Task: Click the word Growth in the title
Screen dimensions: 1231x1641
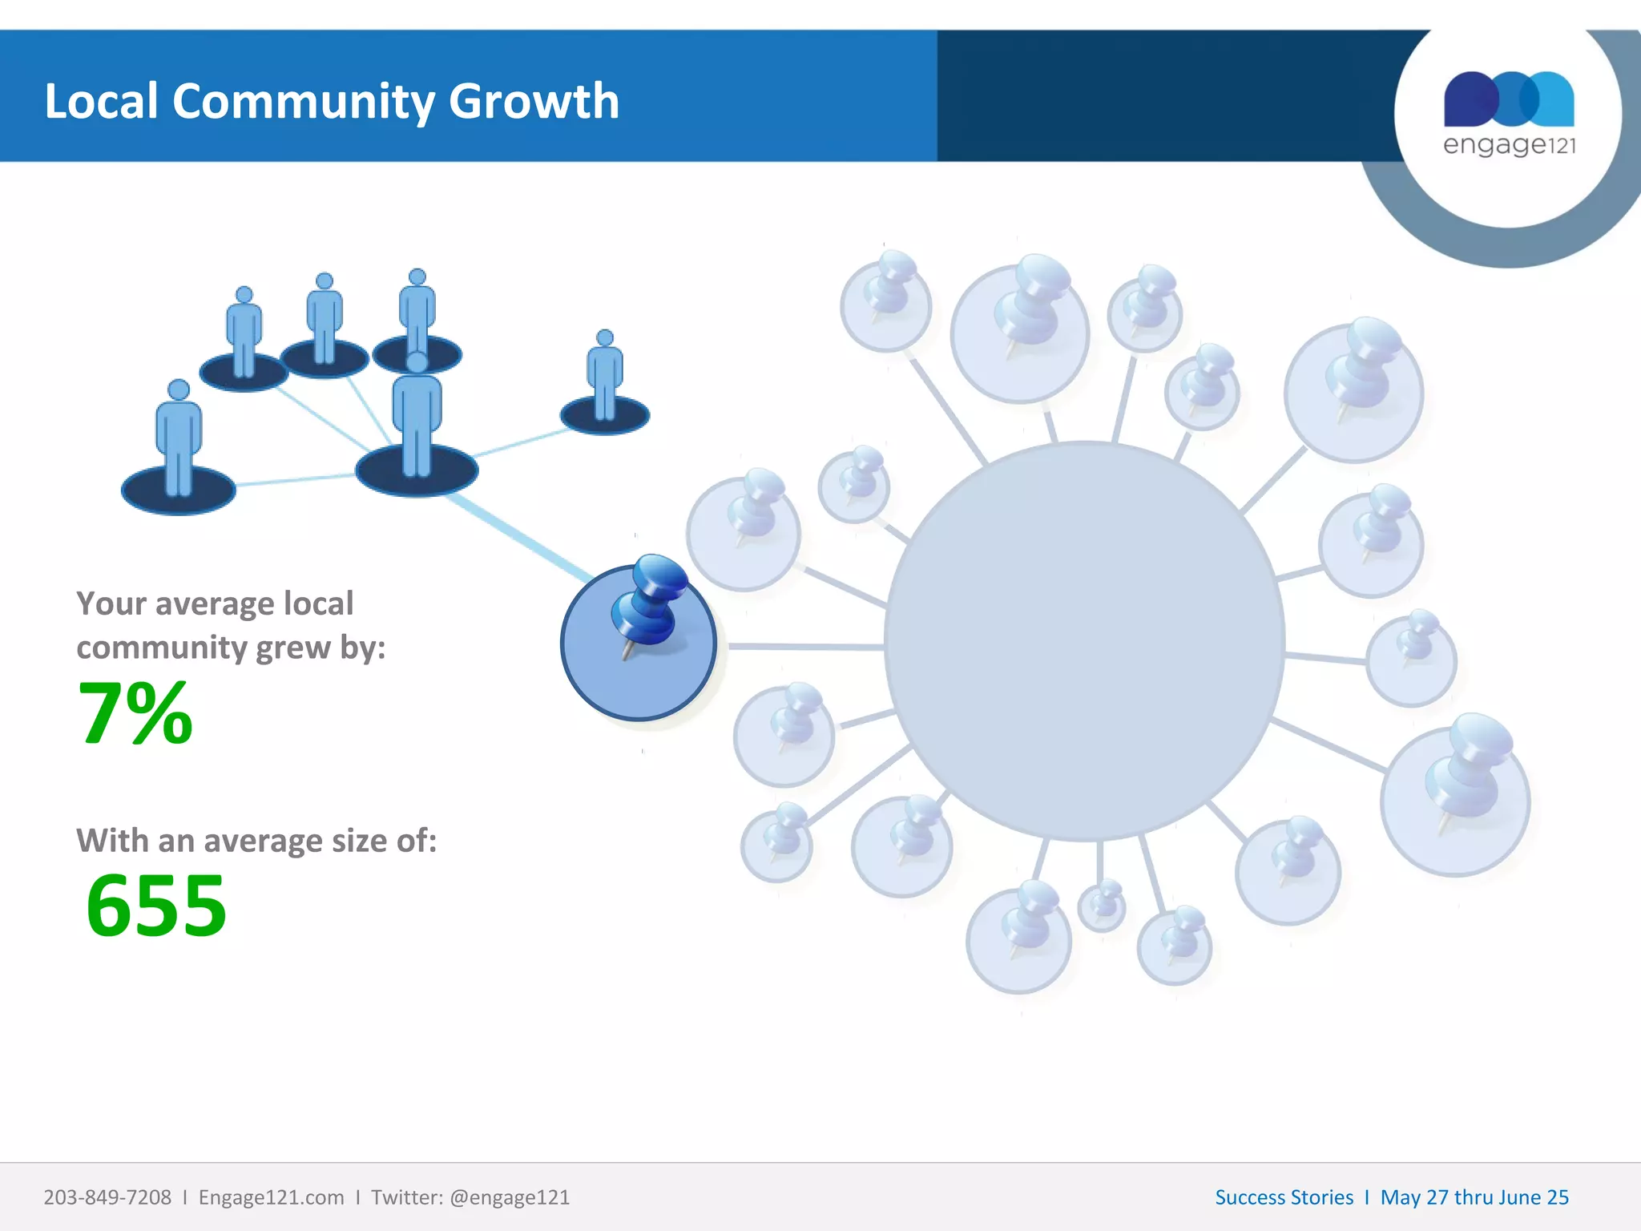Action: pos(534,102)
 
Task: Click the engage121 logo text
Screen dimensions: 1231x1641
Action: pos(1509,145)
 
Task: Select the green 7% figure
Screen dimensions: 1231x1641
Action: pos(135,712)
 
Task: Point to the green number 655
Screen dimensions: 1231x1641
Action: pos(156,906)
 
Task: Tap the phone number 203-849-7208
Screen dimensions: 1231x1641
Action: pos(107,1197)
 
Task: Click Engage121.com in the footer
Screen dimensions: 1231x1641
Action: pos(271,1197)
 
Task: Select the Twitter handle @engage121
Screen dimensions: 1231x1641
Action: pos(510,1197)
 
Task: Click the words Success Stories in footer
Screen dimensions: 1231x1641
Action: pos(1284,1197)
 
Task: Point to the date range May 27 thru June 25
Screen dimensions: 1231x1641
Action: pos(1474,1197)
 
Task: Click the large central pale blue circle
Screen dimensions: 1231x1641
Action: pos(1084,641)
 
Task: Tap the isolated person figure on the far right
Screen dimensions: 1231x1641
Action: pos(605,381)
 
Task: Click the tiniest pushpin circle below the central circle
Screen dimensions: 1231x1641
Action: pos(1103,906)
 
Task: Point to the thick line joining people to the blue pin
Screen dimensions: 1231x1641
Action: pos(521,537)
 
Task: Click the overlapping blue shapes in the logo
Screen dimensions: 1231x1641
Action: pos(1509,99)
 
